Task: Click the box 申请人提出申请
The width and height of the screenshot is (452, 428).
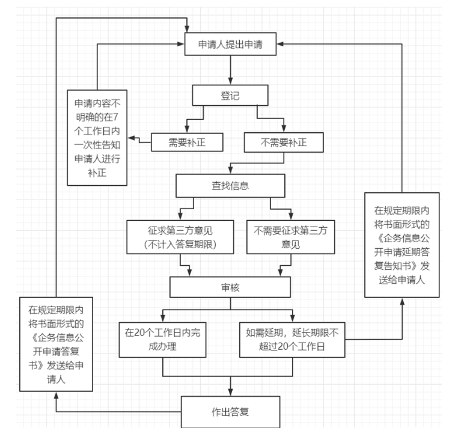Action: (230, 44)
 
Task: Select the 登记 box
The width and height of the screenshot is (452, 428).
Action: (230, 94)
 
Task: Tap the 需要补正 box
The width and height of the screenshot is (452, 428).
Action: (187, 141)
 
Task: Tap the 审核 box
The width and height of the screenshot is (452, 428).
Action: (230, 287)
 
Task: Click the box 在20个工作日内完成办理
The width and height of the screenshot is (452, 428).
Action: (161, 339)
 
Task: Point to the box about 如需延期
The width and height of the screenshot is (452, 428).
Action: (292, 339)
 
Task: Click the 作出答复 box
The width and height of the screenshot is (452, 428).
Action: (231, 411)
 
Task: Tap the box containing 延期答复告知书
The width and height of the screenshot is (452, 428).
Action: (402, 243)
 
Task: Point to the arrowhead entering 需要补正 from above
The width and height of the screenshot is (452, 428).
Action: (186, 129)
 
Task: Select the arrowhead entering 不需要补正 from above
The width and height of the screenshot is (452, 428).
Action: (284, 129)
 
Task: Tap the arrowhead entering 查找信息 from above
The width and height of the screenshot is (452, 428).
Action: (230, 171)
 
